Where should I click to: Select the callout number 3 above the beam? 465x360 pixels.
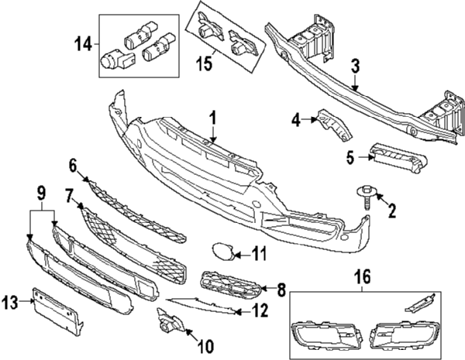(x=355, y=67)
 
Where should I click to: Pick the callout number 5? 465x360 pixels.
(x=350, y=158)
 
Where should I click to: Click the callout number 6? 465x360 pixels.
(x=74, y=165)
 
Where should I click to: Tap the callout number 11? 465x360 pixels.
(x=259, y=253)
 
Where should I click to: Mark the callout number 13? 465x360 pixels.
(x=11, y=301)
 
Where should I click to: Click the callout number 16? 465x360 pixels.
(x=362, y=276)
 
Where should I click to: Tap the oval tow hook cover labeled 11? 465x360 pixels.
(x=222, y=252)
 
